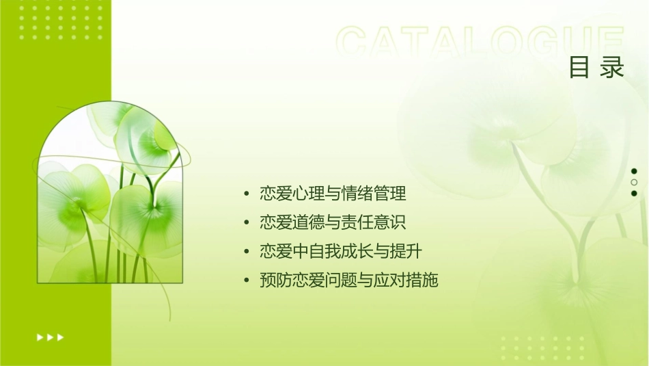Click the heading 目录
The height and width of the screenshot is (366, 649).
point(596,68)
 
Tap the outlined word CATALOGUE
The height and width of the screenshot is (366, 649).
point(480,42)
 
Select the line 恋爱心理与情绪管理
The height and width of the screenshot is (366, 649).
point(333,194)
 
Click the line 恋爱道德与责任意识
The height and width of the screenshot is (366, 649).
point(333,223)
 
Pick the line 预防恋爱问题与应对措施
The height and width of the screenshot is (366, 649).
point(348,280)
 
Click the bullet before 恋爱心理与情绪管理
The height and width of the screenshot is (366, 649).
point(246,195)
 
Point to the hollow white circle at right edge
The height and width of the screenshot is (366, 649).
point(634,183)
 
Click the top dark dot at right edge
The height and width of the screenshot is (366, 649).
point(634,171)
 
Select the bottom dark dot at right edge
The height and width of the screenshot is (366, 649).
point(634,194)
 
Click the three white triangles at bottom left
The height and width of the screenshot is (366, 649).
point(50,337)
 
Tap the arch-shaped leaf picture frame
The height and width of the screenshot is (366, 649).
point(110,195)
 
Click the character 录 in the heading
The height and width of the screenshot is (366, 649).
point(613,68)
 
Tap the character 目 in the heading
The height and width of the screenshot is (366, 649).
point(579,68)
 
